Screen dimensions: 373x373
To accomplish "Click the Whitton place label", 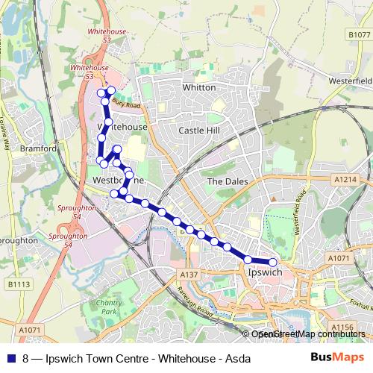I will tap(199, 87).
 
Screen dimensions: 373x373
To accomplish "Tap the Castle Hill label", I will tap(199, 131).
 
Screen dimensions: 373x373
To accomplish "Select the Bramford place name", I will tap(40, 148).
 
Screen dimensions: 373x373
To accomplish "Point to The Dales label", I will tap(225, 181).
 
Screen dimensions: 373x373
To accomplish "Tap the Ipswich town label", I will tap(263, 273).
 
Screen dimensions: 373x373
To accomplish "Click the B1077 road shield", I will tap(359, 35).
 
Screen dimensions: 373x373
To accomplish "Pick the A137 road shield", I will tap(188, 275).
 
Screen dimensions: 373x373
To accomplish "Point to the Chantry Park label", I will tap(109, 306).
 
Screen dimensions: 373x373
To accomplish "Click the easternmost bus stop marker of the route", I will tap(273, 262).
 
